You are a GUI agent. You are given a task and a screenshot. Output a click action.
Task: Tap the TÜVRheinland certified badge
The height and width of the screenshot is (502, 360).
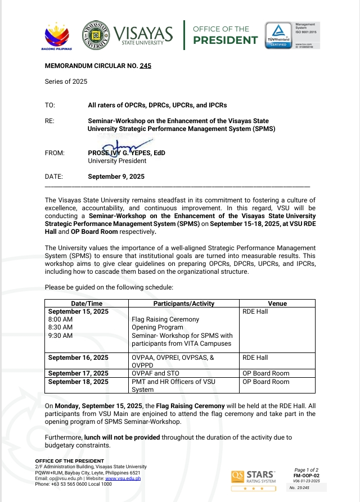tap(278, 35)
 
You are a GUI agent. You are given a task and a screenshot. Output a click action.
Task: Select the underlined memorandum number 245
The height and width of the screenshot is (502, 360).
tap(146, 66)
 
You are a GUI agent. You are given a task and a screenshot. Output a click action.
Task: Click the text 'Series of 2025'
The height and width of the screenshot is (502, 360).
tap(66, 82)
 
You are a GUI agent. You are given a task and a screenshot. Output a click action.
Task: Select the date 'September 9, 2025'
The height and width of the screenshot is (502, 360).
tap(116, 177)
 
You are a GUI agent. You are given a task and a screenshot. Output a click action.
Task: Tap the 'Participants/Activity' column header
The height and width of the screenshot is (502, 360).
tap(184, 304)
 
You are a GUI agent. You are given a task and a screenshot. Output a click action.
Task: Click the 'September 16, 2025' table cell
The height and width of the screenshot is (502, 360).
tap(78, 358)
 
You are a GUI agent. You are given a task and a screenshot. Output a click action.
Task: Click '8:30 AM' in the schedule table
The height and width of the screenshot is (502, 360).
tap(60, 327)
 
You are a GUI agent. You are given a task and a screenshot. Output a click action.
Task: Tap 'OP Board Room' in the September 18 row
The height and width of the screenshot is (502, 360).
tap(265, 382)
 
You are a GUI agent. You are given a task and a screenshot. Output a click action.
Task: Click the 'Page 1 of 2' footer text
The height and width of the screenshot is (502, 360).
tap(307, 469)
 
